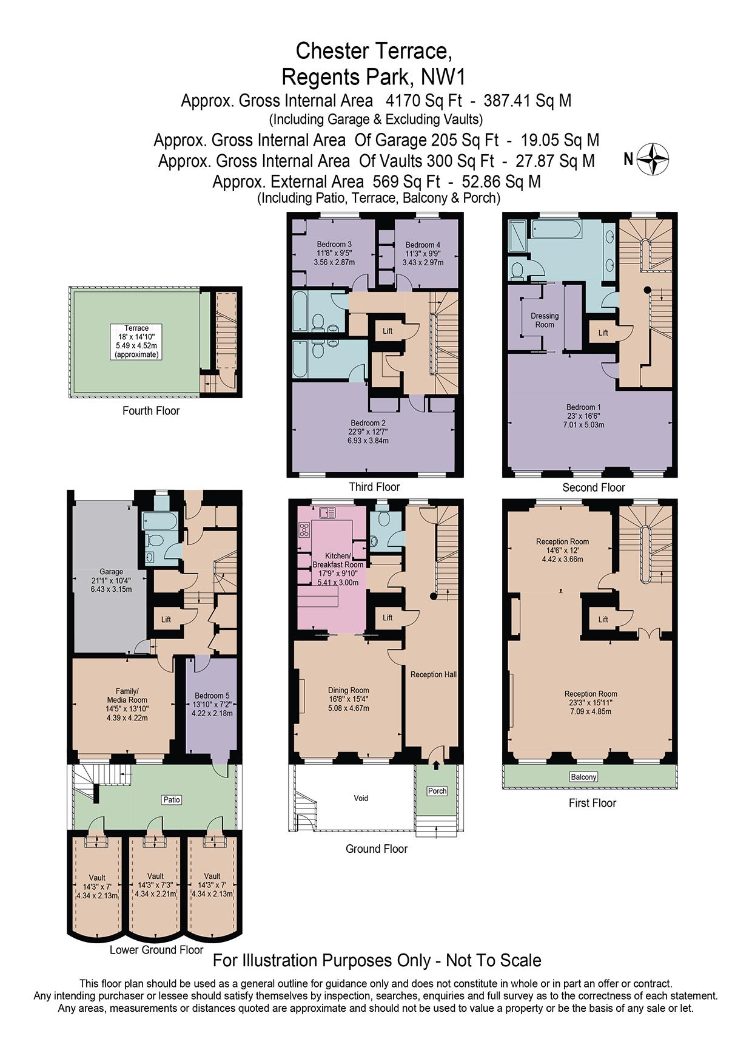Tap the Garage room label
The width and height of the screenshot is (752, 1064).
tap(111, 580)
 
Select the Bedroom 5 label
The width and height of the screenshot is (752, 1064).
tap(212, 704)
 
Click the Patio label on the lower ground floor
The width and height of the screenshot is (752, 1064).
tap(172, 799)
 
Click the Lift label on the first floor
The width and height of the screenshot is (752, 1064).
tap(603, 619)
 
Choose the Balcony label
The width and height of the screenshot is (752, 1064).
tap(583, 776)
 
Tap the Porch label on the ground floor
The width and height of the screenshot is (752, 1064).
tap(437, 791)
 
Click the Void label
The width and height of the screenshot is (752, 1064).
tap(361, 798)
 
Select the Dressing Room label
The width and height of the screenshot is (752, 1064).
tap(544, 320)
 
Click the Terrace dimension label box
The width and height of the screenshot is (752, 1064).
tap(136, 341)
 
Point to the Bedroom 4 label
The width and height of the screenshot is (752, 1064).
tap(423, 253)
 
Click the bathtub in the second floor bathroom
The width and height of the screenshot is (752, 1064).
tap(556, 229)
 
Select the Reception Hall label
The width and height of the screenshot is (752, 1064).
tap(433, 674)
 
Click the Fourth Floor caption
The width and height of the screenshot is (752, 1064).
tap(151, 411)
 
